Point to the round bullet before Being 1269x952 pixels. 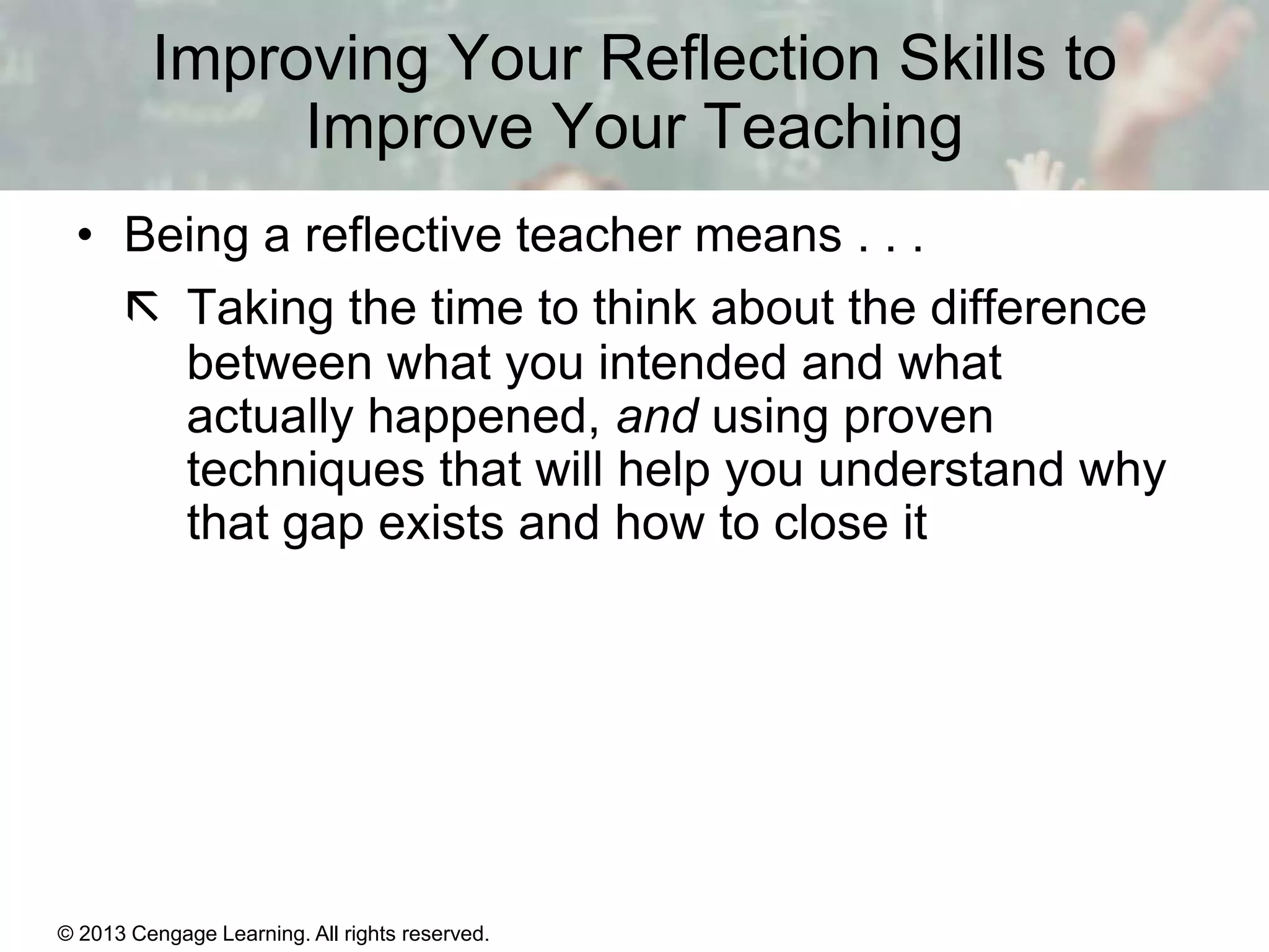pos(85,237)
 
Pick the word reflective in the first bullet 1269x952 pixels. pos(403,236)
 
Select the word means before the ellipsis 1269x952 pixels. pos(768,236)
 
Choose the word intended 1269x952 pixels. pos(693,362)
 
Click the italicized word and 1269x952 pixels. pos(657,416)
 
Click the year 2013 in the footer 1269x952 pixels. pos(102,933)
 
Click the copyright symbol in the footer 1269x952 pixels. pos(66,933)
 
